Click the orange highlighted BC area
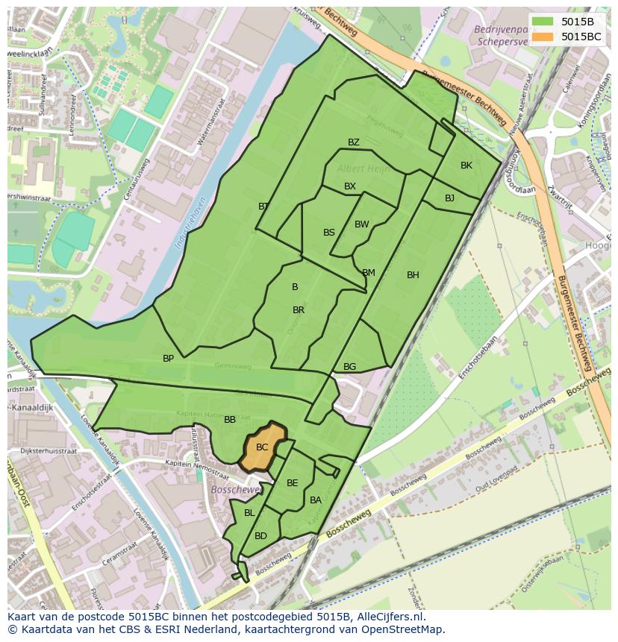coord(263,447)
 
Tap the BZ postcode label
coord(354,142)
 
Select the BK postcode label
coord(466,166)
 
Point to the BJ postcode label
coord(449,198)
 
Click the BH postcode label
coord(413,275)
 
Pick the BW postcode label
coord(362,224)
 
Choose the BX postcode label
coord(350,186)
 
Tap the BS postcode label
coord(329,233)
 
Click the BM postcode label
coord(369,273)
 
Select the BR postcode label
coord(299,310)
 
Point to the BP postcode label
coord(169,359)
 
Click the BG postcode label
coord(350,367)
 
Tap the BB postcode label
coord(230,420)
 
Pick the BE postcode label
coord(293,483)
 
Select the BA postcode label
coord(316,500)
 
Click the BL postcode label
coord(249,513)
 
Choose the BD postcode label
coord(260,536)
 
